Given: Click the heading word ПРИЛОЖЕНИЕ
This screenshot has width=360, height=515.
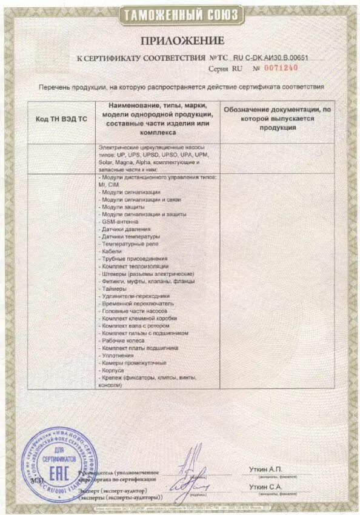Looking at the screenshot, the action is coord(182,41).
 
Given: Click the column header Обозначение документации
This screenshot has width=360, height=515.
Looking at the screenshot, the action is coord(277,119).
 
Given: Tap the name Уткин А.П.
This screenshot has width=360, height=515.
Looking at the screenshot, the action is coord(265,470).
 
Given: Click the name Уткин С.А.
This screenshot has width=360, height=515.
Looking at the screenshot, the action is coord(265,487).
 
